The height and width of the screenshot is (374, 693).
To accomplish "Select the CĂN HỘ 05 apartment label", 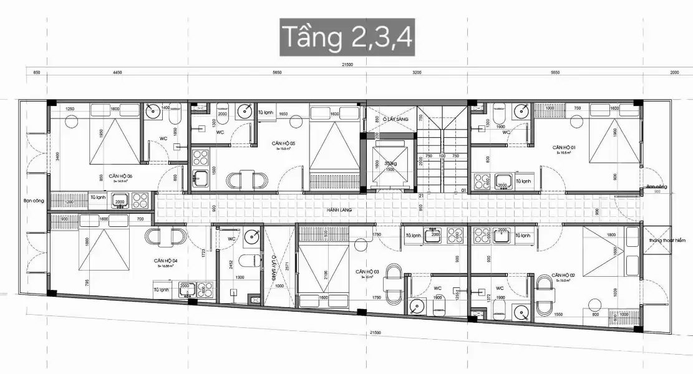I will click(x=283, y=143).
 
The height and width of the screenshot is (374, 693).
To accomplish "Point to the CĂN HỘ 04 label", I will click(x=166, y=261).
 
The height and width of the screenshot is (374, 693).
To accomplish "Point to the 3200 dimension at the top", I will click(x=417, y=73).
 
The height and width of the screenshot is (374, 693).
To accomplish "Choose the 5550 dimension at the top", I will click(x=555, y=73).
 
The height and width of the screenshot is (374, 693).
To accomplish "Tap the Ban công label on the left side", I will click(x=32, y=201).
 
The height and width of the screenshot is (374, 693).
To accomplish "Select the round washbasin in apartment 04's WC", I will click(x=252, y=236).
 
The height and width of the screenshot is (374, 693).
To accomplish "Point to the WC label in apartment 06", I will click(x=163, y=138).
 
